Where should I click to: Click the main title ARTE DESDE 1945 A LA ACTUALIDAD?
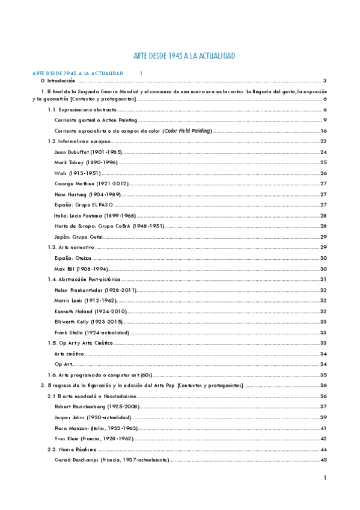click(x=183, y=56)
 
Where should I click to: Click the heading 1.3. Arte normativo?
click(x=71, y=247)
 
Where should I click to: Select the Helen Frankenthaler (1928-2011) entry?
click(x=96, y=290)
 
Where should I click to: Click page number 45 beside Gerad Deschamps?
click(x=323, y=460)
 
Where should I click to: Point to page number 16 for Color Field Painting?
click(x=323, y=131)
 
